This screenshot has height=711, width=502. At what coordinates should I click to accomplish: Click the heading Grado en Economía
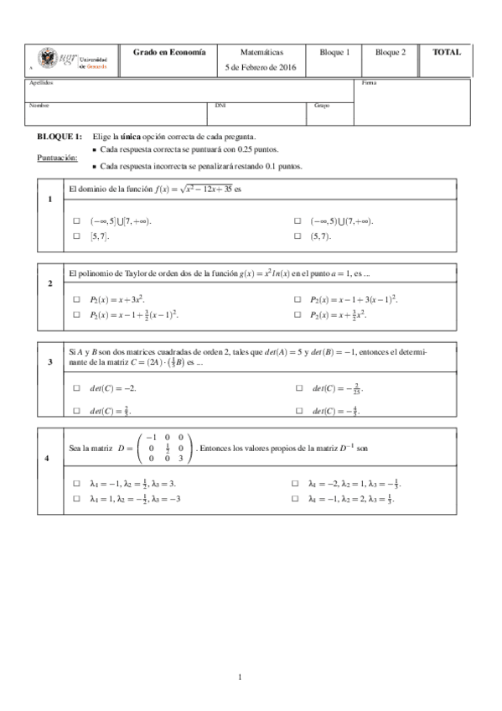168,52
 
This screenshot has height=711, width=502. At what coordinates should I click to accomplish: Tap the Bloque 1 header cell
334,52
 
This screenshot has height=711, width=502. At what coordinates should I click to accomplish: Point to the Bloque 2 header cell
391,52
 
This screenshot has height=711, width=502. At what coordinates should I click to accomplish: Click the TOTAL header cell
446,52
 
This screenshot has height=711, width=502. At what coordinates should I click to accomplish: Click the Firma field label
369,83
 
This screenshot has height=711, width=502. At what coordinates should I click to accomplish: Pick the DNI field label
220,106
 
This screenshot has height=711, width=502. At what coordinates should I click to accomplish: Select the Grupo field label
322,106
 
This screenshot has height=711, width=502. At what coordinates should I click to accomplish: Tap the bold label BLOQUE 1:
60,136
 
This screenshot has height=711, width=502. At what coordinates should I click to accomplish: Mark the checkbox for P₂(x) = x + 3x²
75,299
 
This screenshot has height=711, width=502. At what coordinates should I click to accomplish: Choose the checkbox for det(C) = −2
75,388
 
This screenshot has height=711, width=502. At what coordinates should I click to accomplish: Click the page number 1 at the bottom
240,676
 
